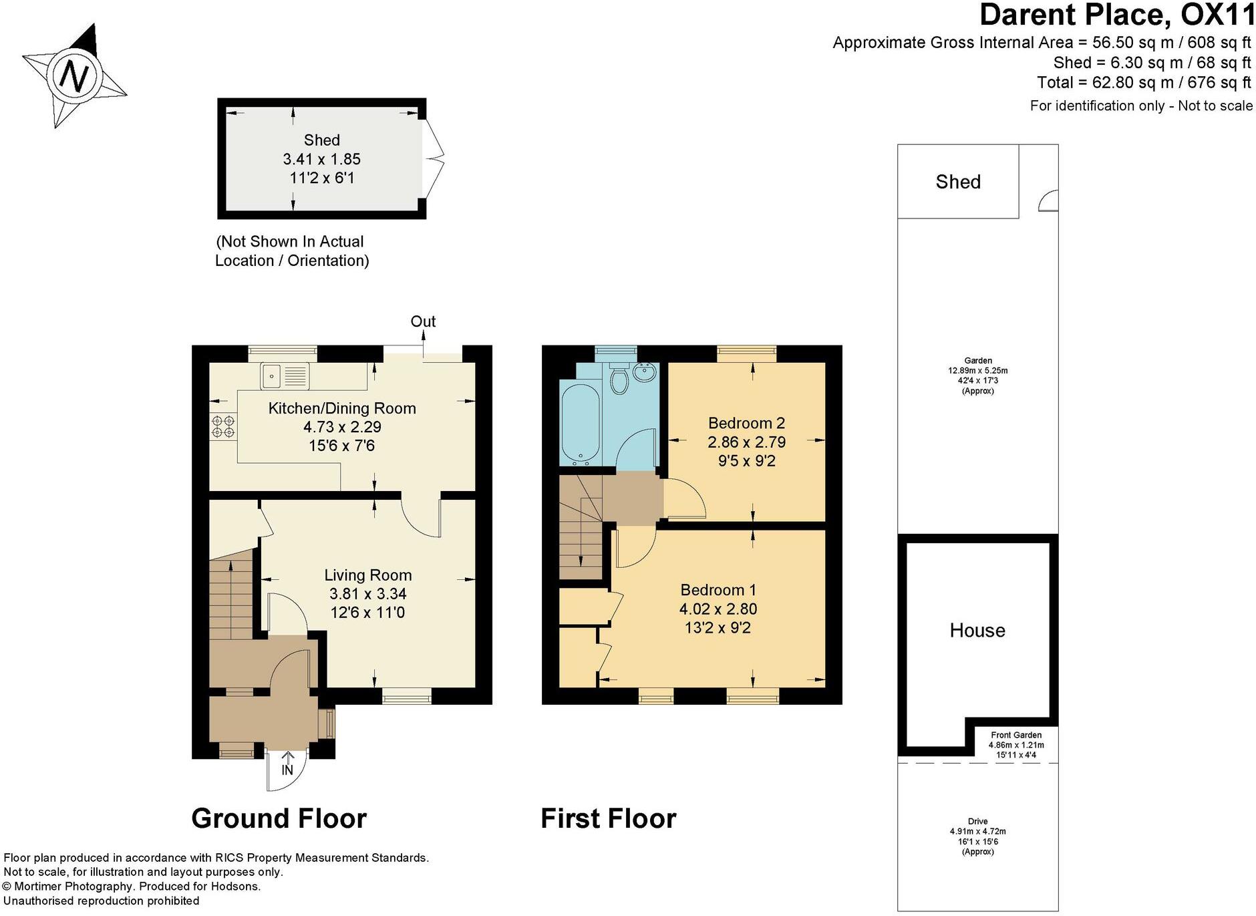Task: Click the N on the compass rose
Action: coord(74,75)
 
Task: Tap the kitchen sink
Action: coord(285,375)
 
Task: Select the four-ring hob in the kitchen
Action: coord(223,426)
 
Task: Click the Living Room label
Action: coord(367,575)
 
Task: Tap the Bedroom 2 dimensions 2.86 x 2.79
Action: coord(746,442)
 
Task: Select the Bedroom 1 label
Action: coord(718,590)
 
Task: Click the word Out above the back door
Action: coord(423,321)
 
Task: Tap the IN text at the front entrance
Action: coord(287,770)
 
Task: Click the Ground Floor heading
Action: coord(279,818)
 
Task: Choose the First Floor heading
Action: coord(608,818)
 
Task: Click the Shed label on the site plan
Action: coord(957,182)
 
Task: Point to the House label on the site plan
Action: coord(977,630)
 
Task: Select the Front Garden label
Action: coord(1015,735)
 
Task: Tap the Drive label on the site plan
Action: coord(977,821)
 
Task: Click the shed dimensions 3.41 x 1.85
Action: coord(321,159)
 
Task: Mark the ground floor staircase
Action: coord(231,595)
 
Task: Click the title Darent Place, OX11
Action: coord(1116,15)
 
